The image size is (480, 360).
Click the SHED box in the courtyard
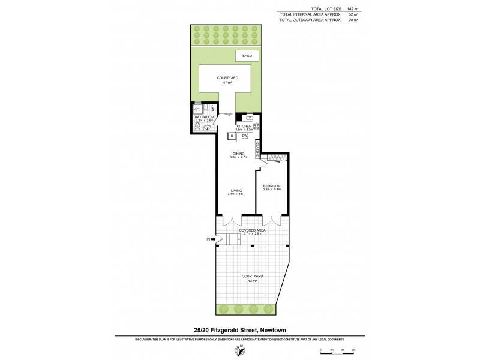point(247,56)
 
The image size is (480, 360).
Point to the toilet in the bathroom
point(208,127)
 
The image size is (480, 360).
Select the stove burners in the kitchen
point(256,126)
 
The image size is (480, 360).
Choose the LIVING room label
point(235,191)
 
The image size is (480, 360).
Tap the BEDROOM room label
point(272,187)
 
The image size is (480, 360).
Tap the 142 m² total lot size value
point(350,8)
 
